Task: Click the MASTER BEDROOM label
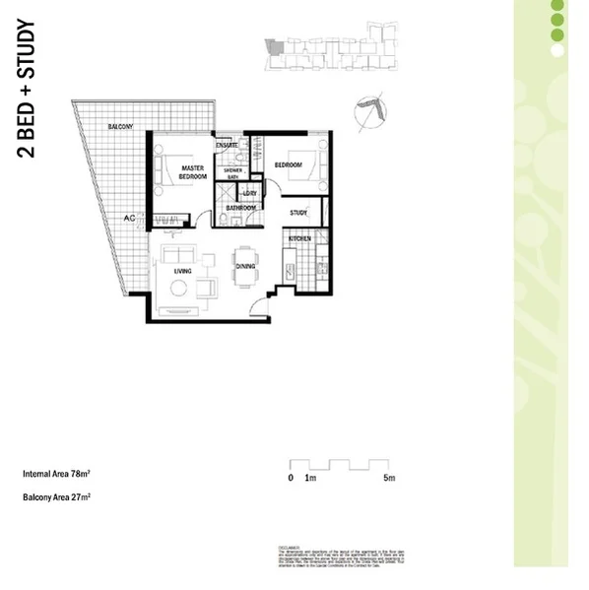coord(192,171)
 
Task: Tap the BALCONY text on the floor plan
coord(121,127)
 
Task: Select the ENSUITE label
coord(229,146)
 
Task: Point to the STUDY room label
coord(299,212)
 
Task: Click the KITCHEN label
coord(300,239)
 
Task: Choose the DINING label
coord(245,266)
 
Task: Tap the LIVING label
coord(182,270)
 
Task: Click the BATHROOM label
coord(241,208)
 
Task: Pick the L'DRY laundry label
coord(250,193)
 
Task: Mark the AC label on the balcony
coord(129,218)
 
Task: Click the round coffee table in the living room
coord(179,289)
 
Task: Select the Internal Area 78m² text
coord(56,474)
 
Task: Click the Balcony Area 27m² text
coord(56,497)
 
